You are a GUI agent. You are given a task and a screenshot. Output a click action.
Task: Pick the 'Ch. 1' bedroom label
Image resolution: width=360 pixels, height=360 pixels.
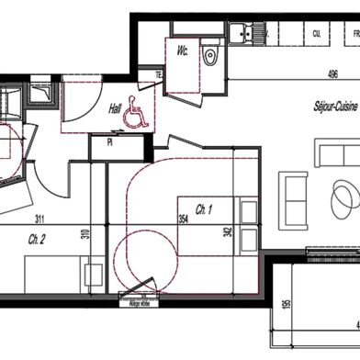[x=205, y=208]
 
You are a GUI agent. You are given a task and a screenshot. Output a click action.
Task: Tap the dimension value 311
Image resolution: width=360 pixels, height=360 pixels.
[x=40, y=219]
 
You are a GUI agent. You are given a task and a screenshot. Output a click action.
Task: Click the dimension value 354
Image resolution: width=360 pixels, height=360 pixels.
[x=182, y=219]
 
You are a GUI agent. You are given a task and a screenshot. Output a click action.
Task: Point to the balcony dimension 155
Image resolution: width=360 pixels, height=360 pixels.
[x=287, y=306]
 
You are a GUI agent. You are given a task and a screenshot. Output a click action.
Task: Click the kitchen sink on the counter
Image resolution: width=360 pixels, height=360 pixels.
[x=245, y=34]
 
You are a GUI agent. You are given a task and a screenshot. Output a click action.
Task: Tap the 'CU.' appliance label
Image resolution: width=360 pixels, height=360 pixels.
[x=317, y=33]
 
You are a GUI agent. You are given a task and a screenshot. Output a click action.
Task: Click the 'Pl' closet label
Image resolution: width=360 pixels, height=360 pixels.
[x=110, y=142]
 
